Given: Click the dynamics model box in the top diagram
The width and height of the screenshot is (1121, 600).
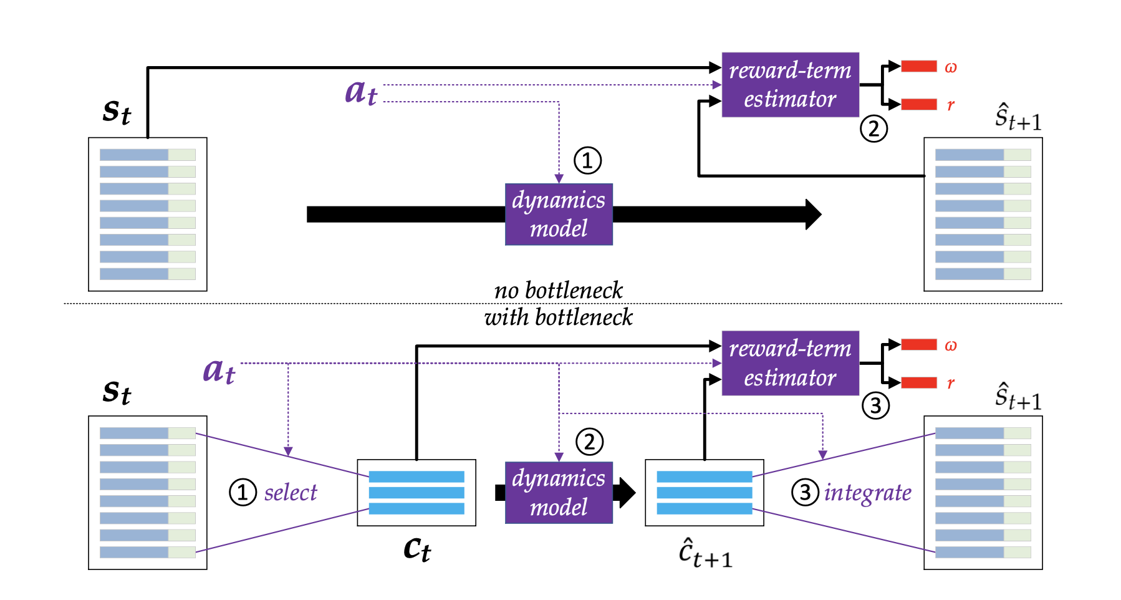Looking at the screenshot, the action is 559,214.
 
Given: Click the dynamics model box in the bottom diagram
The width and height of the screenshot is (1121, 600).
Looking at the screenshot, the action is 559,492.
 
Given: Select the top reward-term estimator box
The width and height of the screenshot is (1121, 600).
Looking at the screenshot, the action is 790,85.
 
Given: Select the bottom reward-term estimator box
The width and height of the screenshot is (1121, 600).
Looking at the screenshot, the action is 790,363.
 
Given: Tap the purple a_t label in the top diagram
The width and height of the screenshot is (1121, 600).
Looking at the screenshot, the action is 362,92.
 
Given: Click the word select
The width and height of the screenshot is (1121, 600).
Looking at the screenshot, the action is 291,492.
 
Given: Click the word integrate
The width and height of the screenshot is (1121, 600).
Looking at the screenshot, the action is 868,493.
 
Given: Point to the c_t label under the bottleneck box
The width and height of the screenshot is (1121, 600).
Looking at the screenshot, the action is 417,548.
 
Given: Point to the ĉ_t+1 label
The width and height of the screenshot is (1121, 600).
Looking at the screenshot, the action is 705,552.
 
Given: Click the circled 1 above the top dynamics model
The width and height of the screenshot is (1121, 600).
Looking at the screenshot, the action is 587,160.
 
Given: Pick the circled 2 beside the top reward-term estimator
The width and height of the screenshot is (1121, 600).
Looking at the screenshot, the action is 874,129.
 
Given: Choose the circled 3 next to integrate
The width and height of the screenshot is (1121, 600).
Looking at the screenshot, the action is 805,492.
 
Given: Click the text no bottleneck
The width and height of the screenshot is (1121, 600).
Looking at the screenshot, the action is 559,290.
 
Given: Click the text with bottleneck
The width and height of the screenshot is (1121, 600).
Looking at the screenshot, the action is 559,317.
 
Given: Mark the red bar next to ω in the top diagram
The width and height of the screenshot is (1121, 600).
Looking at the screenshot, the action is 919,66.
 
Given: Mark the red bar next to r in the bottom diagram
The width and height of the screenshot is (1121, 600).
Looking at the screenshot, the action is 919,382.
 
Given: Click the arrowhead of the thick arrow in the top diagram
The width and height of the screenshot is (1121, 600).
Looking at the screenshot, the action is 813,214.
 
